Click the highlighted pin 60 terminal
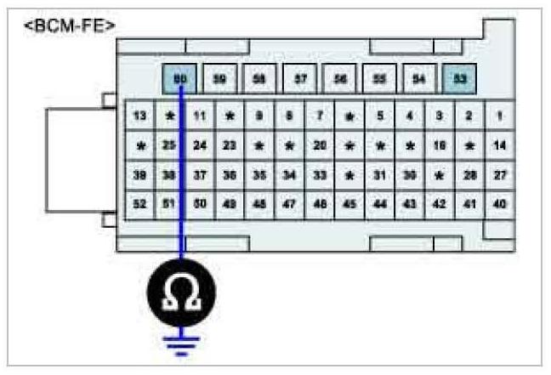click(x=179, y=79)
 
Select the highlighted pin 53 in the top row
click(x=459, y=79)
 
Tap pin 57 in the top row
click(x=300, y=79)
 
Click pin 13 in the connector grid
click(x=140, y=115)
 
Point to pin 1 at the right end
click(x=500, y=115)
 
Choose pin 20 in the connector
click(x=320, y=145)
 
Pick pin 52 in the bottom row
click(x=140, y=205)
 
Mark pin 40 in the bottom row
click(x=500, y=205)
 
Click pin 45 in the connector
click(x=349, y=205)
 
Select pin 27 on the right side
click(x=500, y=175)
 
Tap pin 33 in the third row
click(x=320, y=175)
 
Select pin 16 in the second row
click(x=440, y=145)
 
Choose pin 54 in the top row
click(x=419, y=79)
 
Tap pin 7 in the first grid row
click(x=320, y=115)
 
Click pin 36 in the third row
click(x=230, y=175)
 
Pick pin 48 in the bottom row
click(x=259, y=205)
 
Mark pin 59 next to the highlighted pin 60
click(x=219, y=79)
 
